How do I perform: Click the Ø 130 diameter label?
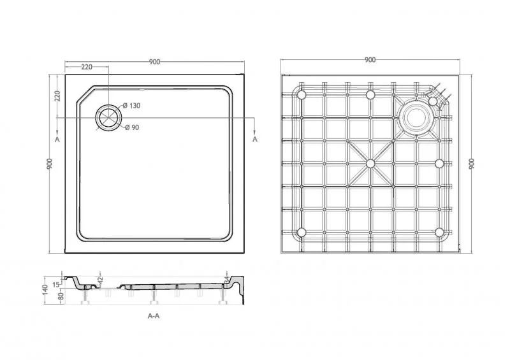click(x=131, y=106)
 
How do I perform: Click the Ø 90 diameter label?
click(x=132, y=127)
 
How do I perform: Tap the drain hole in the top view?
click(x=108, y=118)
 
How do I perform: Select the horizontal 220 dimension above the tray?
click(x=87, y=67)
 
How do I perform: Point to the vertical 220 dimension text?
click(x=57, y=96)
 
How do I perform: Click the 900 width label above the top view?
click(x=154, y=62)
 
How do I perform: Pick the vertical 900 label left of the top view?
click(x=50, y=164)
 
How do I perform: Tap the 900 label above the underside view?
click(x=370, y=60)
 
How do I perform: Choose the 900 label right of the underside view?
click(x=472, y=164)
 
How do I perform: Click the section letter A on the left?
click(x=57, y=140)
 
